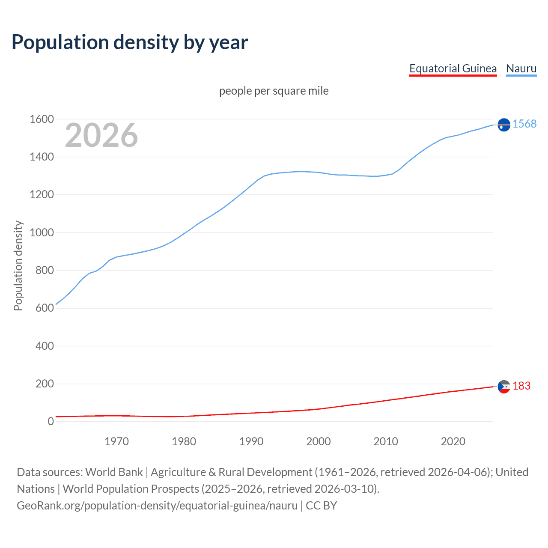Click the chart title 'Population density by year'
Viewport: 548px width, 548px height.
[130, 42]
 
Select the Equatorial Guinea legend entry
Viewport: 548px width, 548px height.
[453, 68]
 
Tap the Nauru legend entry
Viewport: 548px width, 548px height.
[521, 68]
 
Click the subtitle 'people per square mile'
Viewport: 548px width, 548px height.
[274, 91]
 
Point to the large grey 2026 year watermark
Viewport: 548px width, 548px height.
[101, 135]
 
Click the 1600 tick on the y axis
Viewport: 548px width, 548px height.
[42, 119]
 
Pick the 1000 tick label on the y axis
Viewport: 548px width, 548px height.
[42, 232]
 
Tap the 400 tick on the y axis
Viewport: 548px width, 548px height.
[45, 346]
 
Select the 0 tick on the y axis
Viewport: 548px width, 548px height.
[51, 422]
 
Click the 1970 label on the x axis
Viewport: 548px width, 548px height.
[116, 441]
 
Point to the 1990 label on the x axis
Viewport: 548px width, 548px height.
[251, 441]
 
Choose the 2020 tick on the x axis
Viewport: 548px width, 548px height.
[453, 441]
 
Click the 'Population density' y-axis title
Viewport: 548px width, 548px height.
[18, 265]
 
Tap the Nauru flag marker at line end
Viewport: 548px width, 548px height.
[504, 125]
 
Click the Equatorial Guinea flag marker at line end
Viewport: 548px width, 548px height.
[504, 387]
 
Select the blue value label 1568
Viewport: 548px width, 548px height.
[524, 124]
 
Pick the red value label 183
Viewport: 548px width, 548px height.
[521, 386]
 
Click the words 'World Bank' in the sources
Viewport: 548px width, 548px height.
[114, 472]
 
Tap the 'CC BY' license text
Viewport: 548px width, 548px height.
[322, 506]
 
